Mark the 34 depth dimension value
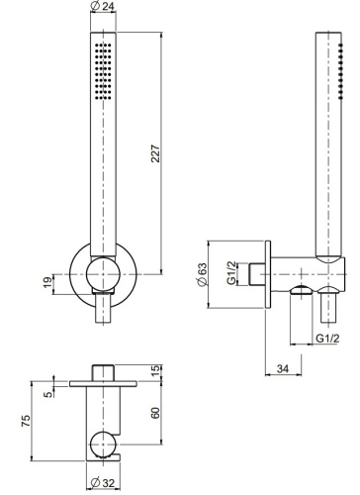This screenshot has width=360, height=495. (x=285, y=368)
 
